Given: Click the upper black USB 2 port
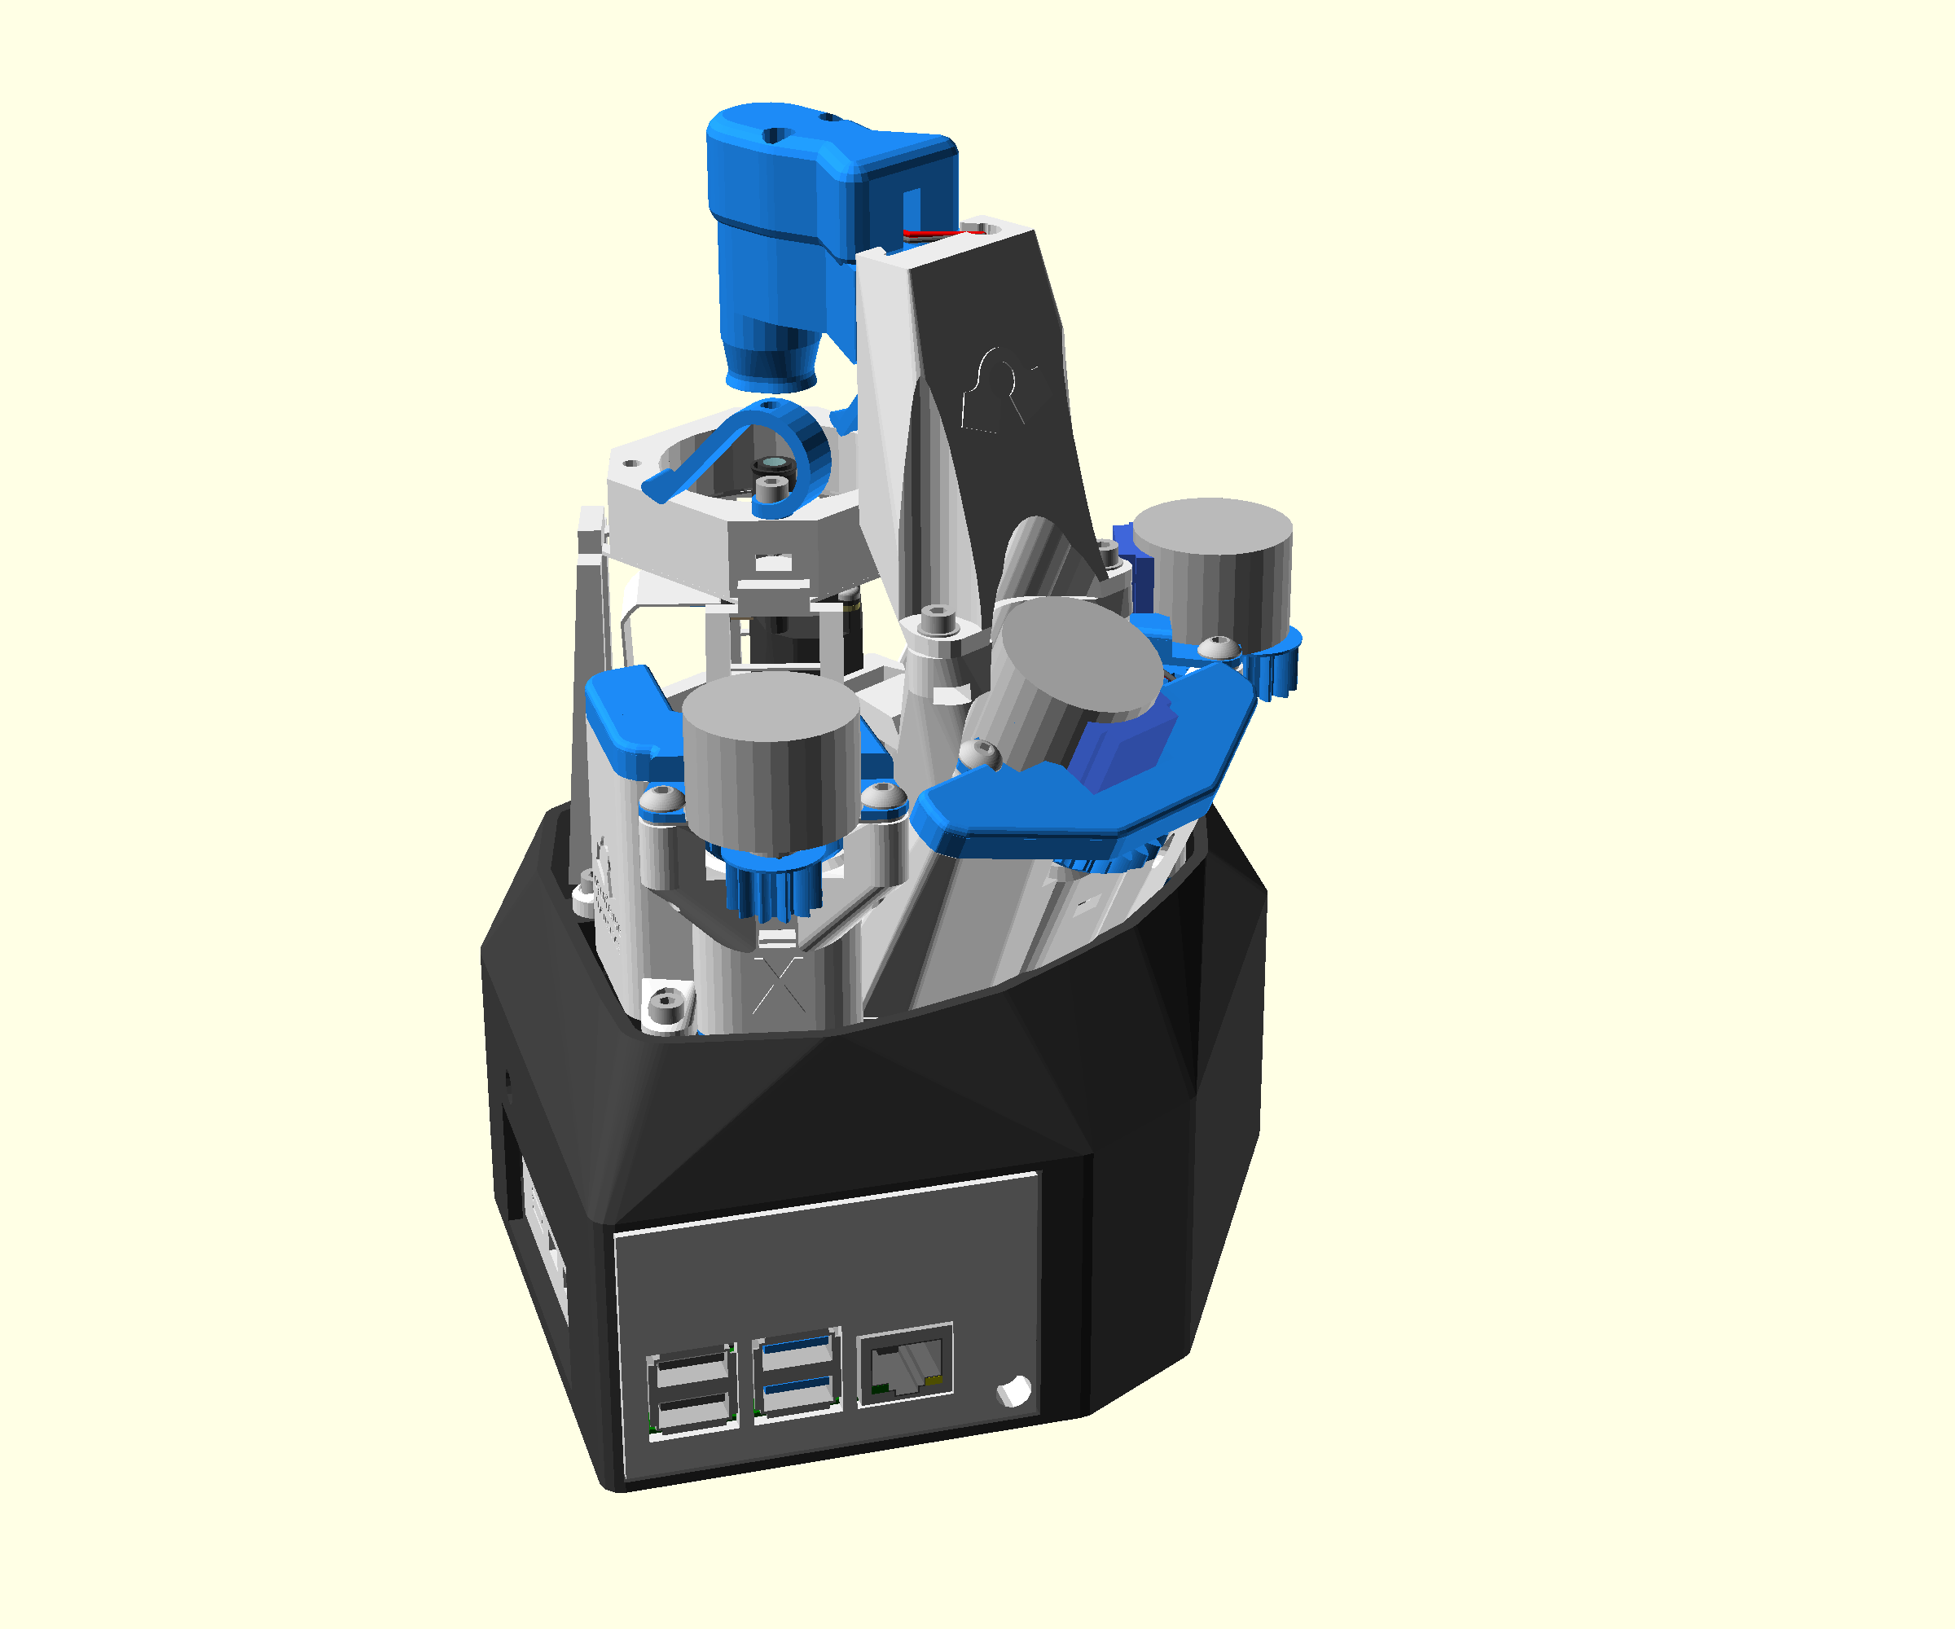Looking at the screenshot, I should [691, 1370].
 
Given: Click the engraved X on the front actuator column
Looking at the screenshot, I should [778, 986].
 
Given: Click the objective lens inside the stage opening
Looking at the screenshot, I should [771, 463].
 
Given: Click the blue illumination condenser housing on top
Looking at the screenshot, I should [791, 233].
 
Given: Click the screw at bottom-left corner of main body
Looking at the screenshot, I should [666, 1005].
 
